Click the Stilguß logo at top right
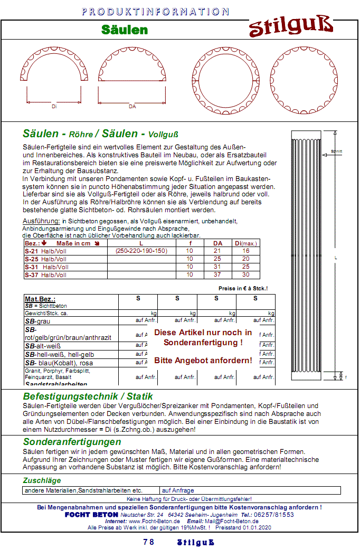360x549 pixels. [x=291, y=26]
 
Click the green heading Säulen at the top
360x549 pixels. [x=125, y=30]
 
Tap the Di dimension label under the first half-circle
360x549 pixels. [x=54, y=107]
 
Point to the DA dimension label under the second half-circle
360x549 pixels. [x=132, y=107]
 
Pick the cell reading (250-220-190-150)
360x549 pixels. [x=141, y=251]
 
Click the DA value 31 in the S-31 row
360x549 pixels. [x=217, y=267]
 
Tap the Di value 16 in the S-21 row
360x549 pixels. [x=245, y=251]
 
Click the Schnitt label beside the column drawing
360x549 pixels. [x=336, y=152]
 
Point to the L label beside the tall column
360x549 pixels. [x=336, y=258]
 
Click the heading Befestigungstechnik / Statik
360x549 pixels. [x=88, y=396]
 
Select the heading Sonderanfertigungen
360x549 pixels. [x=72, y=442]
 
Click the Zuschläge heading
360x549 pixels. [x=42, y=480]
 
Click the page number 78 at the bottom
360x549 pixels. [x=148, y=542]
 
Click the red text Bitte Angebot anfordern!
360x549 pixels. [x=203, y=361]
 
